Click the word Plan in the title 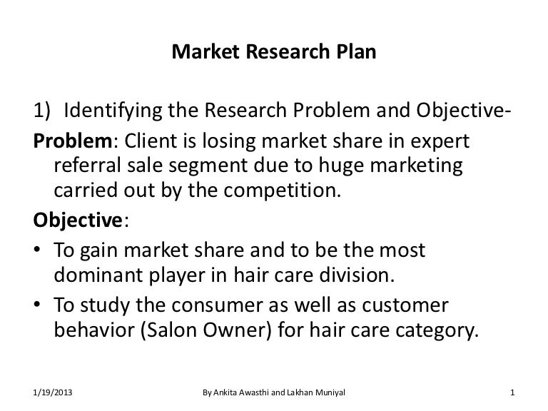tap(356, 51)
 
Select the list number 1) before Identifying tap(42, 110)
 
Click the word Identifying tap(113, 111)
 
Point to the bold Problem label tap(73, 141)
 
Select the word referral tap(87, 165)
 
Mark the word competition tap(282, 191)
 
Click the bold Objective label tap(78, 220)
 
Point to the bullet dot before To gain tap(37, 250)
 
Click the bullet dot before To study tap(37, 305)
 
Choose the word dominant tap(98, 275)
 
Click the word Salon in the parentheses tap(171, 330)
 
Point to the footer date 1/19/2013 tap(52, 392)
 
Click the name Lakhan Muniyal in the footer tap(316, 392)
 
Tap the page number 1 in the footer tap(512, 392)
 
